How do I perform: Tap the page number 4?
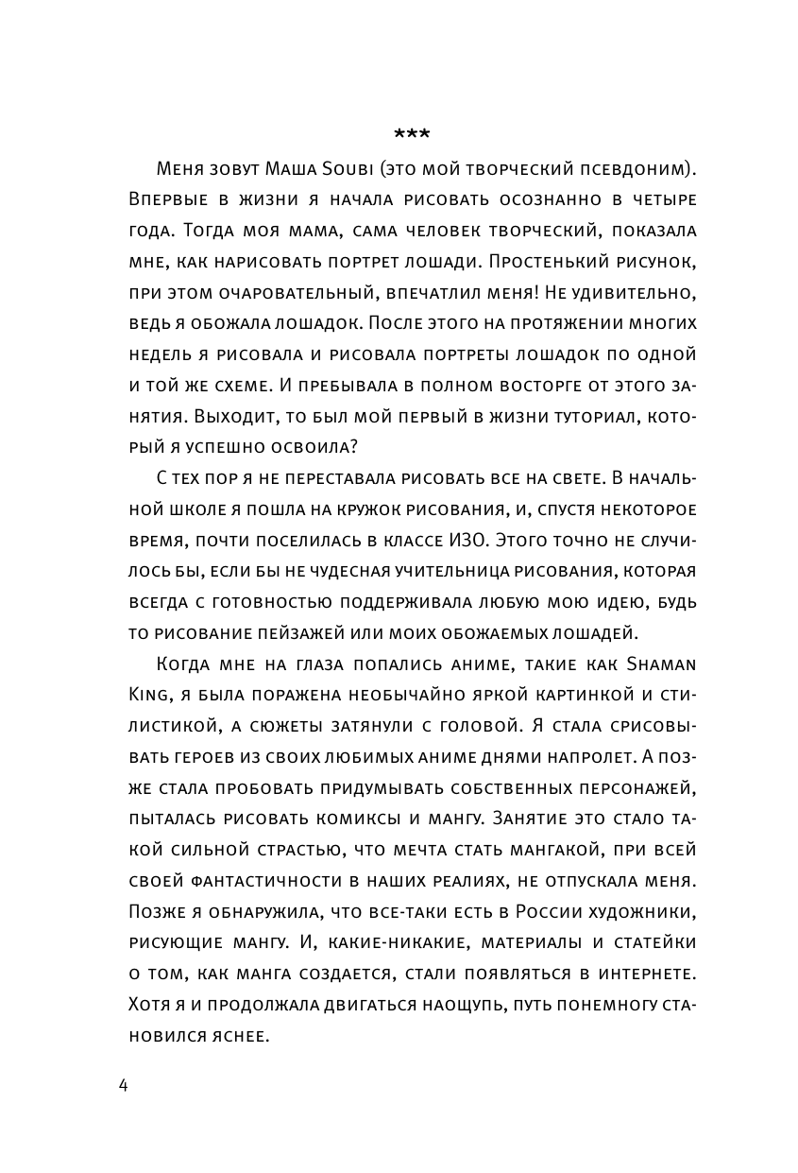[124, 1084]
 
